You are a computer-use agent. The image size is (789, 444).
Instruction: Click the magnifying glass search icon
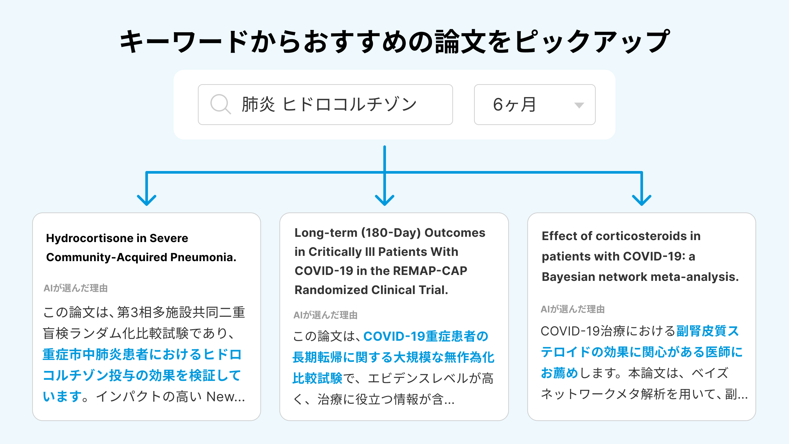pyautogui.click(x=220, y=104)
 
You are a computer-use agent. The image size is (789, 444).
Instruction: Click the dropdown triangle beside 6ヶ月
pyautogui.click(x=579, y=105)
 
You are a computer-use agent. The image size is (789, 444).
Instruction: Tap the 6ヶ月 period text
pyautogui.click(x=514, y=105)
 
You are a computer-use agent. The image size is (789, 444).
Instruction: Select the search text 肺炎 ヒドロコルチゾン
pyautogui.click(x=329, y=105)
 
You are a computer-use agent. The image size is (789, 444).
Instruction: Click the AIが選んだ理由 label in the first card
pyautogui.click(x=76, y=288)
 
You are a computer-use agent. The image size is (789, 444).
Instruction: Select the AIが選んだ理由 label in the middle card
pyautogui.click(x=325, y=315)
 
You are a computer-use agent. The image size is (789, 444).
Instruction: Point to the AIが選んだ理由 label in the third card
pyautogui.click(x=573, y=309)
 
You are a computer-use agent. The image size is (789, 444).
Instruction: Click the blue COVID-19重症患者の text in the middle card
pyautogui.click(x=426, y=336)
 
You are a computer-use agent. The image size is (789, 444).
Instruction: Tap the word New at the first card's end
pyautogui.click(x=221, y=397)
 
